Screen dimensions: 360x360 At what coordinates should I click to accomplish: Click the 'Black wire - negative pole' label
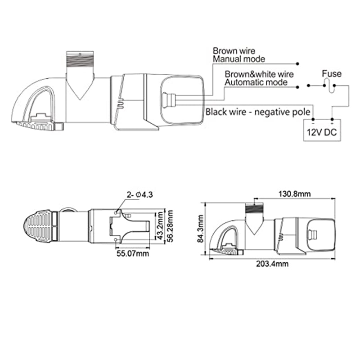click(x=258, y=110)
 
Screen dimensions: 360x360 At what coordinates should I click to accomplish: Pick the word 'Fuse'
click(x=332, y=74)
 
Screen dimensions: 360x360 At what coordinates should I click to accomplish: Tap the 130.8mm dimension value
click(x=295, y=194)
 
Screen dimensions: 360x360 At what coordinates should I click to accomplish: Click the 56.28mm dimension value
click(x=171, y=226)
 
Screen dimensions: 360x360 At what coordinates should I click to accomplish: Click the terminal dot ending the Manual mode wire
click(x=297, y=63)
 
